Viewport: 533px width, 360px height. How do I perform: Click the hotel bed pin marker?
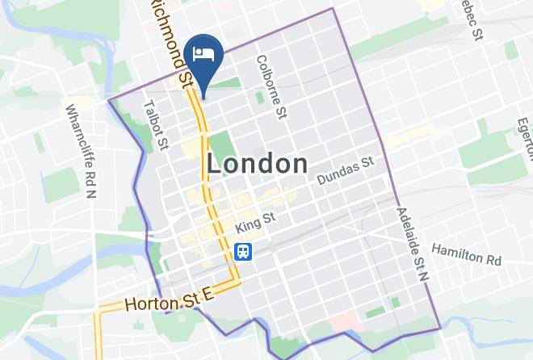click(203, 58)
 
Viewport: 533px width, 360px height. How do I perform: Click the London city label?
click(257, 164)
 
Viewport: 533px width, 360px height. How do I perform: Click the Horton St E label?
click(169, 299)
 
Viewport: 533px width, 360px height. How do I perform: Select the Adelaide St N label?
click(411, 243)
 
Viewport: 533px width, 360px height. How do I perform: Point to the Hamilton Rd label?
click(467, 255)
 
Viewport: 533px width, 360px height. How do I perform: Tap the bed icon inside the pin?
click(203, 53)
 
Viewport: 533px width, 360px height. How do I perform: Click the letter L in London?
click(215, 164)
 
